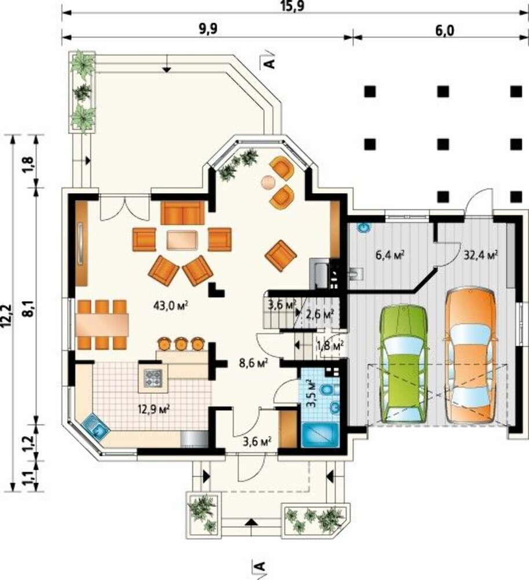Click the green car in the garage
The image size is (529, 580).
click(x=404, y=364)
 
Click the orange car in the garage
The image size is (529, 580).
click(x=470, y=356)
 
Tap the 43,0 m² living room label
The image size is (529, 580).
click(x=171, y=305)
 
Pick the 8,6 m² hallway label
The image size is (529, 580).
click(x=253, y=363)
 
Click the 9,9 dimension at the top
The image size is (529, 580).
click(x=209, y=30)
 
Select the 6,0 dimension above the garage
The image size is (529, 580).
click(x=444, y=31)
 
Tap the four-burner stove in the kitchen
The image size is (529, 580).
click(x=153, y=378)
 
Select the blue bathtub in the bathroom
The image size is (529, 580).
click(x=320, y=436)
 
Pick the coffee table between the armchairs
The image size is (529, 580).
click(x=182, y=240)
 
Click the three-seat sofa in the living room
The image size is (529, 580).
click(x=183, y=213)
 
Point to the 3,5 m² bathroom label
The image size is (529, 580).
click(x=312, y=393)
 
